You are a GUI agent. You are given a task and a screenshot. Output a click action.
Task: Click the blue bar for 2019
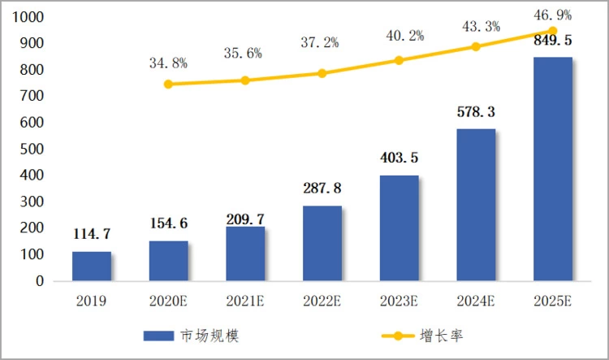tap(92, 266)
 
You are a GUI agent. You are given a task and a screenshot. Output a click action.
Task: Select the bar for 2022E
tap(322, 243)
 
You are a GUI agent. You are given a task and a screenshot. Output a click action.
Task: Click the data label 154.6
tap(169, 223)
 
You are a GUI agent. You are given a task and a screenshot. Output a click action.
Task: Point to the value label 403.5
tap(400, 158)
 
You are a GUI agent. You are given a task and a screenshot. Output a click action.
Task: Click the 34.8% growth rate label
tap(168, 63)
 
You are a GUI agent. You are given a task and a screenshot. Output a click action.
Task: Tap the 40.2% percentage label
tap(400, 37)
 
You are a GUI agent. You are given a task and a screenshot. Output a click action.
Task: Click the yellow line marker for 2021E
tap(245, 80)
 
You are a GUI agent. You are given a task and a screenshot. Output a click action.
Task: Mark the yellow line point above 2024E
tap(476, 46)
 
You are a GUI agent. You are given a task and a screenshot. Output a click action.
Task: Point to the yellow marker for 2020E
tap(168, 84)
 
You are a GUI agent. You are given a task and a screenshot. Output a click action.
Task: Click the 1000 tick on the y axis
tap(29, 17)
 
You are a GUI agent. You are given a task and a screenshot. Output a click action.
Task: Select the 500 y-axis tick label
tap(33, 149)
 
